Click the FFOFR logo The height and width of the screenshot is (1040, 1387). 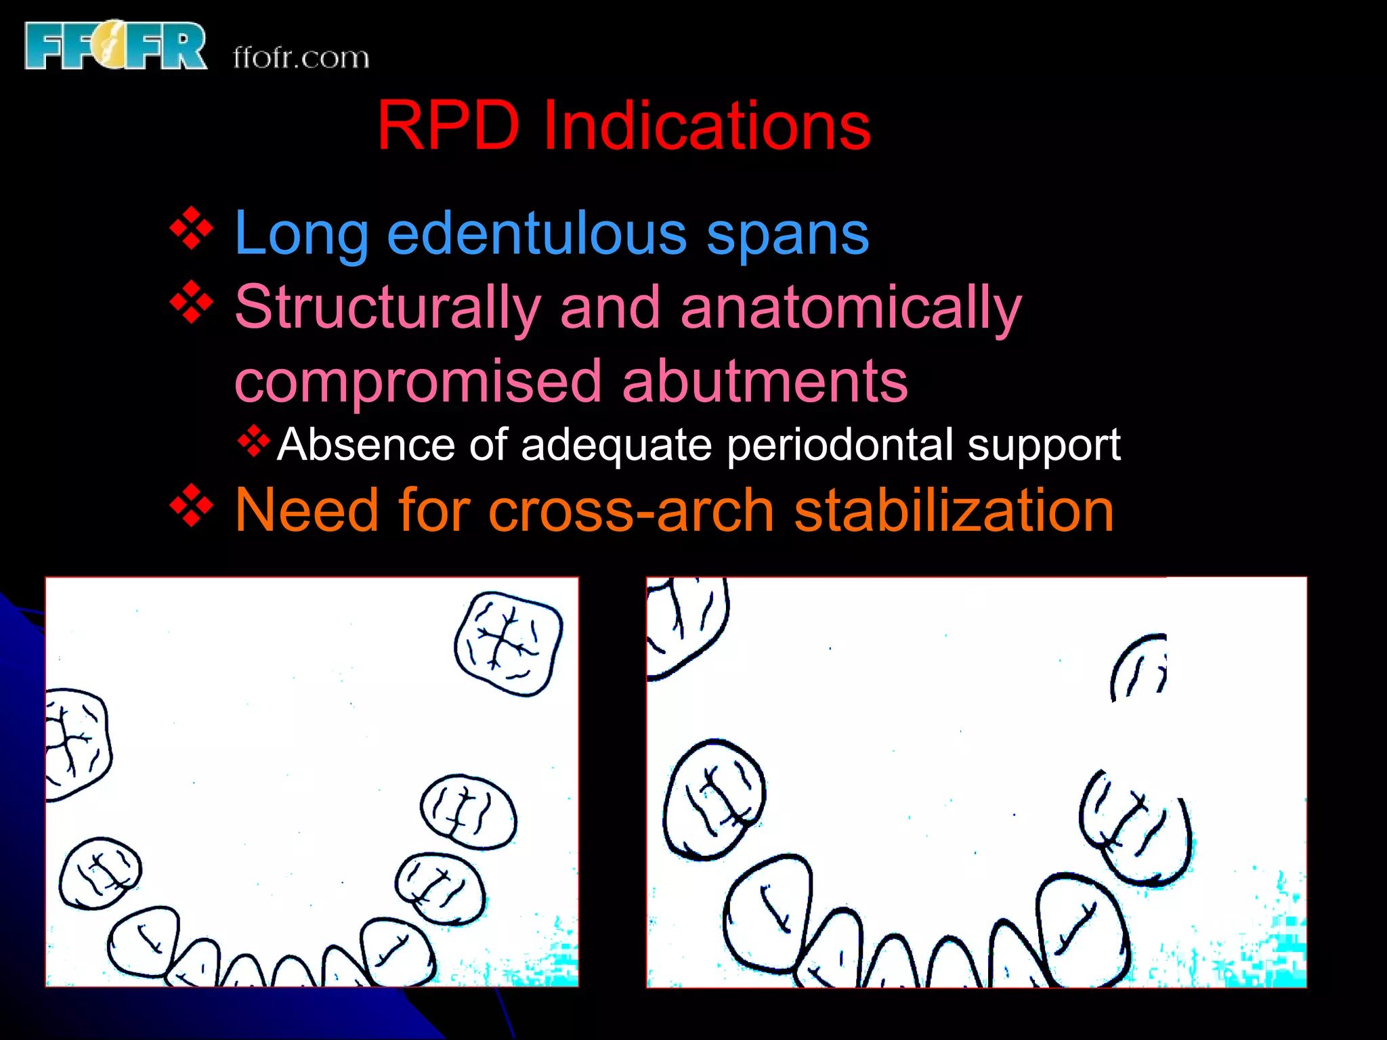pos(115,46)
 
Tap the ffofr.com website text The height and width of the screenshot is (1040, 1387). pos(301,58)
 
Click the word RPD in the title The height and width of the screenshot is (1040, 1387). pos(448,125)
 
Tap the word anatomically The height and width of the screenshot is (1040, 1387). pos(851,308)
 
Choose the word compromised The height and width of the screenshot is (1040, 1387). pos(418,381)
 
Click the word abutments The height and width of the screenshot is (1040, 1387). pos(765,381)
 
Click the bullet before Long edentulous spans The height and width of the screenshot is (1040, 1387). pos(192,229)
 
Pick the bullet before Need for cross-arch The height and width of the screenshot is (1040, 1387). pos(192,505)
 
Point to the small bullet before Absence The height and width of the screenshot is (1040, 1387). pos(253,441)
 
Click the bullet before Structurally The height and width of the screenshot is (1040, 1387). pos(192,302)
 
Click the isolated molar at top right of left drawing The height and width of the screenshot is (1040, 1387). pos(509,643)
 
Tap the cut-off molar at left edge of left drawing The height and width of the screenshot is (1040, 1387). pos(76,743)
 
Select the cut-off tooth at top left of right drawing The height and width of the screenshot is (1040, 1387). pos(685,624)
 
